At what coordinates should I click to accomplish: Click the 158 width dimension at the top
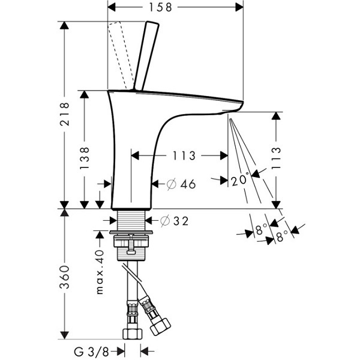(x=160, y=7)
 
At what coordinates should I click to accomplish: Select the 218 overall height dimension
(x=65, y=114)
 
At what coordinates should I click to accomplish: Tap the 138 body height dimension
(x=84, y=158)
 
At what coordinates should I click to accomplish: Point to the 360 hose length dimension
(x=65, y=277)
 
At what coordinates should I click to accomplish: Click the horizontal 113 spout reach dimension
(x=184, y=155)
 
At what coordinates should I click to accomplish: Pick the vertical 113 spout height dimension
(x=276, y=158)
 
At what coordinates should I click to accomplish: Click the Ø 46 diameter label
(x=181, y=184)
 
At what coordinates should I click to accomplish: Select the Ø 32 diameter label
(x=174, y=221)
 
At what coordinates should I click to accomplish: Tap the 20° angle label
(x=240, y=179)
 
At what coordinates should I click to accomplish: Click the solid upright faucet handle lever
(x=146, y=56)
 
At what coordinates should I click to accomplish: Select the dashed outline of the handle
(x=121, y=55)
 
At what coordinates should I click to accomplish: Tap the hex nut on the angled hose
(x=160, y=326)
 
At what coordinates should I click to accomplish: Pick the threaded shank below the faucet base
(x=131, y=221)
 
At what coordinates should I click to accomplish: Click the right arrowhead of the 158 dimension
(x=239, y=7)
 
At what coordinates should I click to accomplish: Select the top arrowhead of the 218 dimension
(x=64, y=25)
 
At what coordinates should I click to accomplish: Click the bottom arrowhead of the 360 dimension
(x=64, y=335)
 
